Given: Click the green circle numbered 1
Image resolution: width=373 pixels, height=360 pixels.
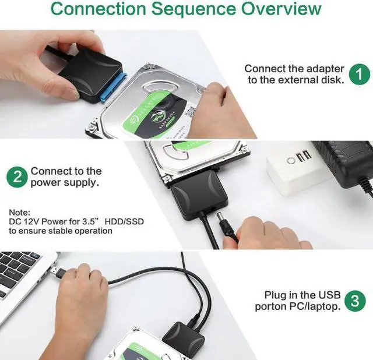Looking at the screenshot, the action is coord(359,74).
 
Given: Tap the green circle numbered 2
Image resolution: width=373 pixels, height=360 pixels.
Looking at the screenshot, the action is coord(17,177).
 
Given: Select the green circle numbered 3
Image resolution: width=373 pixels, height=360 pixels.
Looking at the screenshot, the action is coord(355,301).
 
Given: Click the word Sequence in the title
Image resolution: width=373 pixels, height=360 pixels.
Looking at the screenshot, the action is coord(193,9).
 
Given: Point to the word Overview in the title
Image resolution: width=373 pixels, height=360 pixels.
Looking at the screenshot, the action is coord(281,9).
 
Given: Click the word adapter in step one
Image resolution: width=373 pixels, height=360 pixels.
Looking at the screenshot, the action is coord(325,69).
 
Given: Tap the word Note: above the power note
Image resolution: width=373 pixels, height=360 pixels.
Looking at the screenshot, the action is coord(19,212).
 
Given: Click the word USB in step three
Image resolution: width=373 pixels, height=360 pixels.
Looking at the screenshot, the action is coord(329,295).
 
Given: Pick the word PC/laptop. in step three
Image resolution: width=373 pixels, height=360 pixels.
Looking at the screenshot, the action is coord(315,306).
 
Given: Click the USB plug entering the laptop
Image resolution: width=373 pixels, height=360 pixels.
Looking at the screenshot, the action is coord(58,273).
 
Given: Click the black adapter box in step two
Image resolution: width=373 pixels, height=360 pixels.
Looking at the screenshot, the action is coord(199,195).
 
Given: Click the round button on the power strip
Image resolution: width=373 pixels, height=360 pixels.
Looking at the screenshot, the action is coord(291,161).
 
